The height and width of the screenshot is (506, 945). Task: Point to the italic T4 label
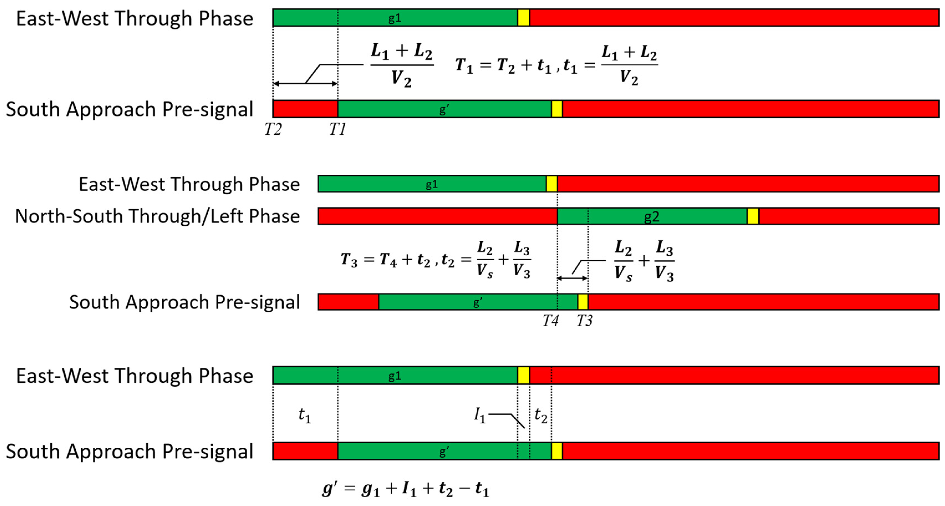click(550, 321)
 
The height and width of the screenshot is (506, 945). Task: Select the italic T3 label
click(584, 321)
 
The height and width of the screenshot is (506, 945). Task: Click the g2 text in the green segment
click(652, 217)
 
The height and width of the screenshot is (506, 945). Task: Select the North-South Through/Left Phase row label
click(157, 216)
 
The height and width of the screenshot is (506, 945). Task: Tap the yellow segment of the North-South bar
click(753, 216)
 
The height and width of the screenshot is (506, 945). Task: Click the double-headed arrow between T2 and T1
click(305, 84)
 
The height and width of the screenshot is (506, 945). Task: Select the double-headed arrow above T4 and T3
click(572, 278)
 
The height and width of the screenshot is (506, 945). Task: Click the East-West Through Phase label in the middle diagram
click(189, 184)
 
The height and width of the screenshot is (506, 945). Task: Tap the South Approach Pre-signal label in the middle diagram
click(184, 302)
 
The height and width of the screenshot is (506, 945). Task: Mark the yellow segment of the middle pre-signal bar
click(583, 302)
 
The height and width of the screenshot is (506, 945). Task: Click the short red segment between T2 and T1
click(305, 109)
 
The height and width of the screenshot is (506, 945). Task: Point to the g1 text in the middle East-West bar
click(432, 184)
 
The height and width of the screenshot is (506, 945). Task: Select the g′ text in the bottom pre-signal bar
click(444, 451)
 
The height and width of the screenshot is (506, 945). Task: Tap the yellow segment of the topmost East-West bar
click(523, 18)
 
